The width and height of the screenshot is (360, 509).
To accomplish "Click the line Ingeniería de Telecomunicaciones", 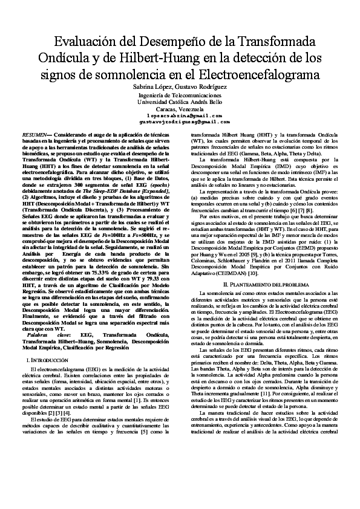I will pos(180,96).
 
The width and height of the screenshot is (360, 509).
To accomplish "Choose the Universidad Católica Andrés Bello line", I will pos(180,102).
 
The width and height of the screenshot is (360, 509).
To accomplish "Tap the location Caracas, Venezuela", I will pos(180,109).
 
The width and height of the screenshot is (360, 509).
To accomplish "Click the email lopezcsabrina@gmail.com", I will pos(180,115).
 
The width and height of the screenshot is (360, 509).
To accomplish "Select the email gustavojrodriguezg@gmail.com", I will pos(180,122).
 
